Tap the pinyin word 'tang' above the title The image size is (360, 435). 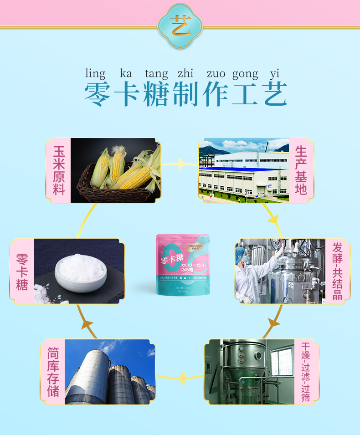click(156, 74)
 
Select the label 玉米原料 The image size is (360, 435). click(59, 170)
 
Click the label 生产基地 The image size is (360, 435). click(301, 170)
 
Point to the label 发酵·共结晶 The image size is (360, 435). click(337, 271)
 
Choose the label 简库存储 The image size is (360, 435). click(53, 372)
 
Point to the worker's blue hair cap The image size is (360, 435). click(241, 253)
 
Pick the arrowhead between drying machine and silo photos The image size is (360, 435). click(181, 378)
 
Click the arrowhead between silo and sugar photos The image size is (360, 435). click(87, 324)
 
